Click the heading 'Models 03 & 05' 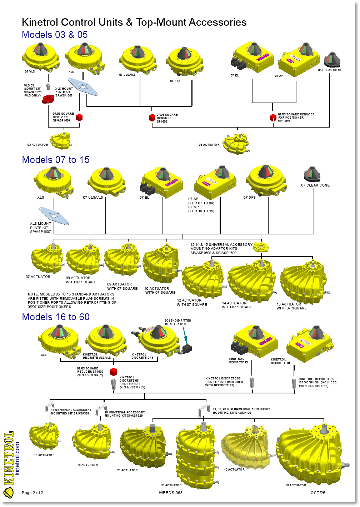coord(55,35)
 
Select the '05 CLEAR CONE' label coord(330,70)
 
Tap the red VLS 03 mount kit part coord(48,99)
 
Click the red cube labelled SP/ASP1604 coord(79,117)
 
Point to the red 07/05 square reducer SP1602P coord(273,118)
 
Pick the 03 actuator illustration coord(60,140)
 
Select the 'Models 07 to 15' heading coord(56,160)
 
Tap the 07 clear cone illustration coord(312,174)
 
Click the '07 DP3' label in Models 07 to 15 coord(250,197)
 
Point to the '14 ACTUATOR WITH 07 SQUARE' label coord(237,305)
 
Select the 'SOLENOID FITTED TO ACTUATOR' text coord(177,322)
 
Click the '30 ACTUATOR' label coord(171,485)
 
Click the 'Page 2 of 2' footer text coord(32,493)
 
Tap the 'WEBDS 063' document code coord(171,493)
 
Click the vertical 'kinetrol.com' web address coord(17,458)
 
